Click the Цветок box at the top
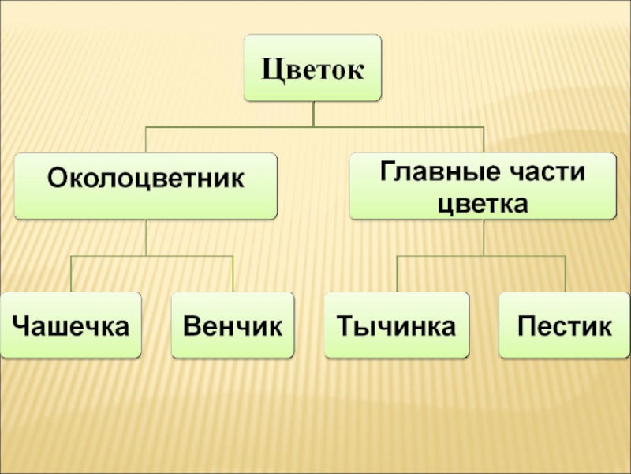coord(312,68)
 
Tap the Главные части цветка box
coord(483,186)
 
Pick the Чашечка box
coord(71,325)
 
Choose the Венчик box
coord(233,325)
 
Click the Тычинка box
coord(396,325)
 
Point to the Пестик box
coord(565,325)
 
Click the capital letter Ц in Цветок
coord(273,69)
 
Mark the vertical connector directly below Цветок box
coord(313,114)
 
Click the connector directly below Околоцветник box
coord(146,237)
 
